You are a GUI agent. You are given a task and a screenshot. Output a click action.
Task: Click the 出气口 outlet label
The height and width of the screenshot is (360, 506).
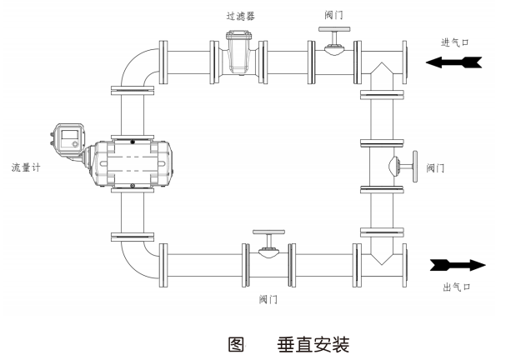coord(458,287)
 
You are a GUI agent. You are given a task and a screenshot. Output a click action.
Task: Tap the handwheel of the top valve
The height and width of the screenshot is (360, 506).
coord(333,32)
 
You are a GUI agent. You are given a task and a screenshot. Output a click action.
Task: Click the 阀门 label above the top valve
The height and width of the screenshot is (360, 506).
coord(333,16)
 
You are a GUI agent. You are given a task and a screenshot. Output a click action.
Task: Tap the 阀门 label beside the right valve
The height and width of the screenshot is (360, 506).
coord(434,167)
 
